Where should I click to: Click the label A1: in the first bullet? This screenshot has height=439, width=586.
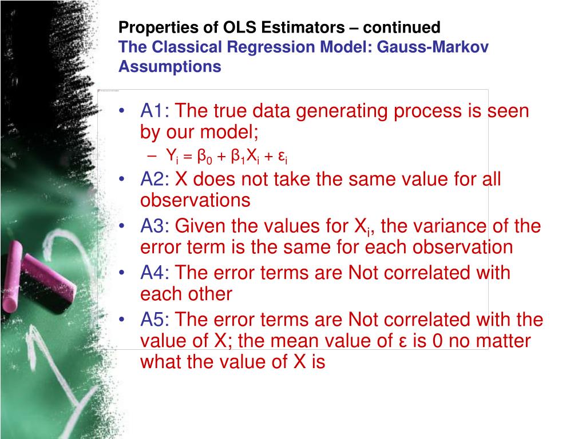[155, 111]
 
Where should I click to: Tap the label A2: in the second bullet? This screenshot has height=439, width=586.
[155, 179]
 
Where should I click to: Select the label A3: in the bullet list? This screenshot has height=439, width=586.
[155, 226]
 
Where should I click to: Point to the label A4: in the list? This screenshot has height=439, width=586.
[155, 273]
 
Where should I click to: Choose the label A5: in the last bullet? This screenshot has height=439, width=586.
[155, 319]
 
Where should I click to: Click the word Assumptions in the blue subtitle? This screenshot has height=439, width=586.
[169, 67]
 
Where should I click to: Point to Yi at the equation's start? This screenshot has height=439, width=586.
[173, 155]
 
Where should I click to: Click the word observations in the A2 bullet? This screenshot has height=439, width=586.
[195, 200]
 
